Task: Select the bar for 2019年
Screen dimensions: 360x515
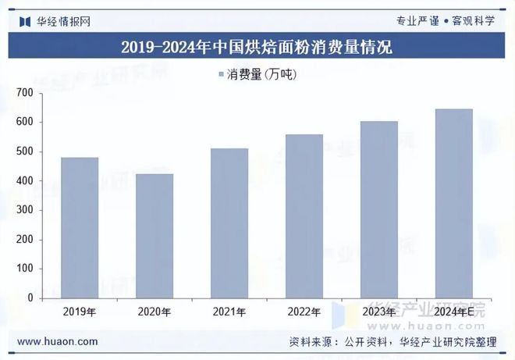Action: point(80,227)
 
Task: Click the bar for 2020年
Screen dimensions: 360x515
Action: point(154,236)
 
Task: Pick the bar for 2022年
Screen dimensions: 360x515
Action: point(304,216)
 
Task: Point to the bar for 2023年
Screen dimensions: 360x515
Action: point(379,209)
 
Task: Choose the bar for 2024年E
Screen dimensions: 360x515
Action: point(453,203)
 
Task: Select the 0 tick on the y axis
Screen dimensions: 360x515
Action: point(30,298)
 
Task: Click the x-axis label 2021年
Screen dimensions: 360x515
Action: point(229,312)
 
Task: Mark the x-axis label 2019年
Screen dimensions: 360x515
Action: point(80,312)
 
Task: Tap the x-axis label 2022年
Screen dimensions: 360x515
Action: point(304,312)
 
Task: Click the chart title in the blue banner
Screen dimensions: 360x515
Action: point(257,47)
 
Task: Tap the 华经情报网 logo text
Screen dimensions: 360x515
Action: point(63,21)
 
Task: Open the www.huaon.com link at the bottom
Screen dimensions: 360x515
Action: point(58,342)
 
